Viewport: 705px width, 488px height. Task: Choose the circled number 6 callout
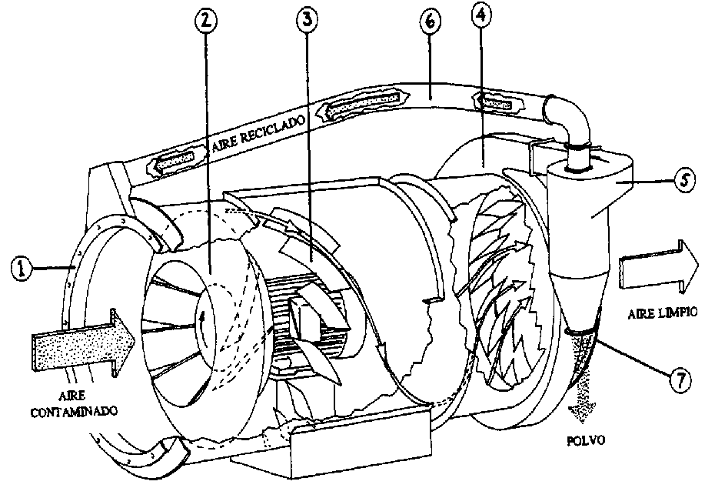[x=429, y=24]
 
